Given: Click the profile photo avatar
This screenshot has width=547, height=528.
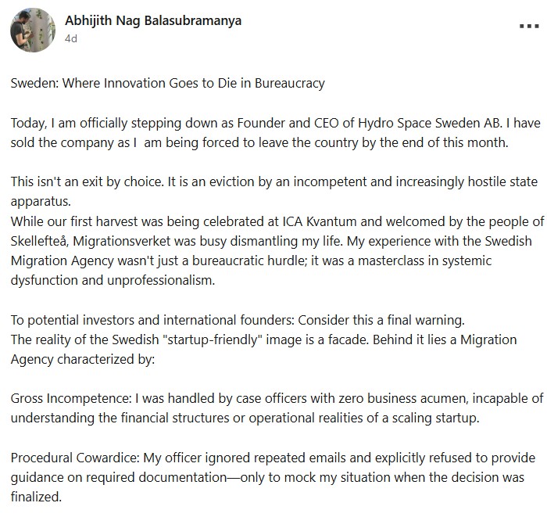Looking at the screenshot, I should pyautogui.click(x=32, y=31).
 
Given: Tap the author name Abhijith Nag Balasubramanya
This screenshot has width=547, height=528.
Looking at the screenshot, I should pyautogui.click(x=153, y=21).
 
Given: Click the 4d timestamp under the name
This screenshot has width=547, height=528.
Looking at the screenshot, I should pyautogui.click(x=71, y=38).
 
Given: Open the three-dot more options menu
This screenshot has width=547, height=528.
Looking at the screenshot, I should pyautogui.click(x=529, y=26).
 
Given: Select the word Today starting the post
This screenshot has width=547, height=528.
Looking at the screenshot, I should pyautogui.click(x=28, y=124).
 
